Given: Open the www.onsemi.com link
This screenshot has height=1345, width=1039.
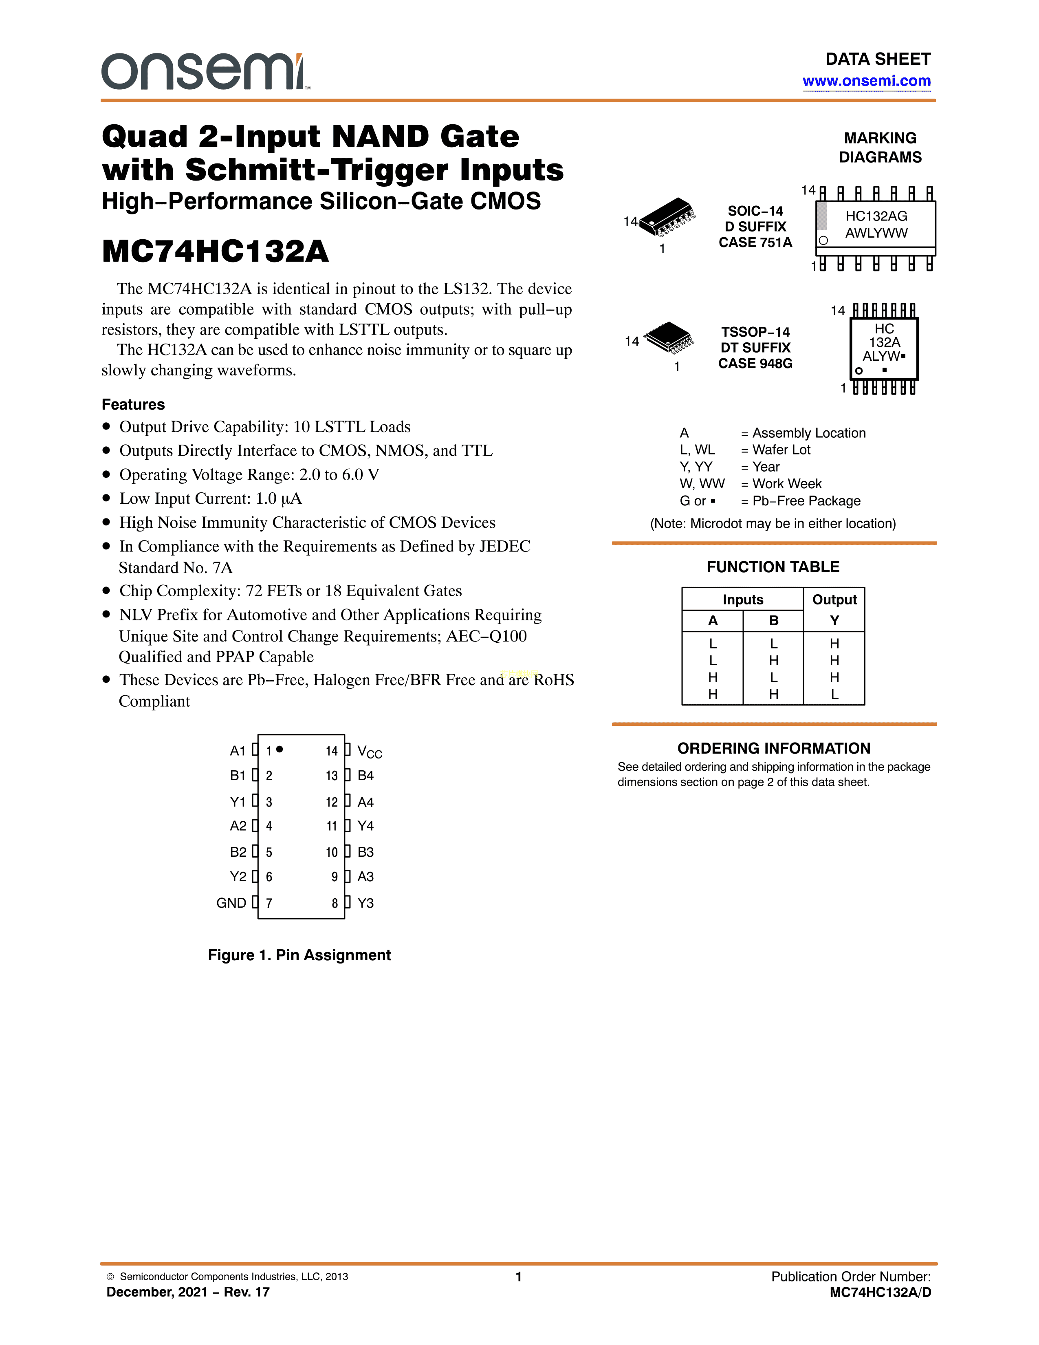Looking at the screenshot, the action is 866,81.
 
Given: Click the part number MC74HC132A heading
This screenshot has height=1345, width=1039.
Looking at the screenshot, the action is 216,251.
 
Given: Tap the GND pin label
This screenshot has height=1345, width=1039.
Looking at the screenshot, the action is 231,903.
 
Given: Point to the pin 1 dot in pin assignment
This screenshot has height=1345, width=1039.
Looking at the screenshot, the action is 280,749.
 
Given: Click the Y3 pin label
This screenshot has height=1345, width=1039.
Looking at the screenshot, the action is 365,903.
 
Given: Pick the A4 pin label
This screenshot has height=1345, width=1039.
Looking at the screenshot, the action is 365,802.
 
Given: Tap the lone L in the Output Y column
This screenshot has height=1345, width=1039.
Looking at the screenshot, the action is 834,694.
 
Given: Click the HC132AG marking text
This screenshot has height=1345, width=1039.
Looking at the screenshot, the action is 876,216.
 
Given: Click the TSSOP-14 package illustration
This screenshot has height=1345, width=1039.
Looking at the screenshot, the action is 669,337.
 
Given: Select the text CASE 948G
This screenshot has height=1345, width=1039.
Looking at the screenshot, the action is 755,363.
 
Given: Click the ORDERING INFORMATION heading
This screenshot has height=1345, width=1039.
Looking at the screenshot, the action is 774,748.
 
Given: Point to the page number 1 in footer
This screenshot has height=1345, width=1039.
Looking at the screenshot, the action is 518,1276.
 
